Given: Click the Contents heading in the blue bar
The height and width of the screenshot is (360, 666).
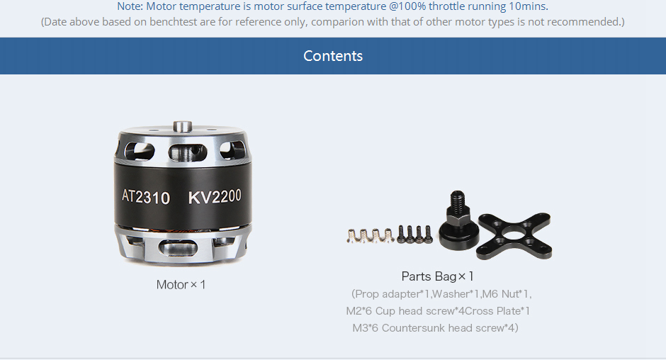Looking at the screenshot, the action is (x=333, y=56).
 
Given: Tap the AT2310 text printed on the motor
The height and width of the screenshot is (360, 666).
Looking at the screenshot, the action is (x=146, y=197).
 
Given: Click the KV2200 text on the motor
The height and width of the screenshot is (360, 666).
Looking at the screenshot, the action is (x=215, y=197).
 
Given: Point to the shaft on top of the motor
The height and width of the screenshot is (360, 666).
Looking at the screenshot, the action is (x=183, y=127).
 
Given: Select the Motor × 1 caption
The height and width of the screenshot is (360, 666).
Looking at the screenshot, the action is (x=181, y=284).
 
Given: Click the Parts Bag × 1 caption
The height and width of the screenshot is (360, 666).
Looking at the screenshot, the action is (x=437, y=276).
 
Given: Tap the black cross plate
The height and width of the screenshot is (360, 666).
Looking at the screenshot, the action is (x=514, y=236).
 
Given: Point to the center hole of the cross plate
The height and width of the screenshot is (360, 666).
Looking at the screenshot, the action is (x=514, y=235).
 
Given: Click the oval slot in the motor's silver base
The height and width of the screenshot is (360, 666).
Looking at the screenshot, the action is (x=178, y=247).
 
